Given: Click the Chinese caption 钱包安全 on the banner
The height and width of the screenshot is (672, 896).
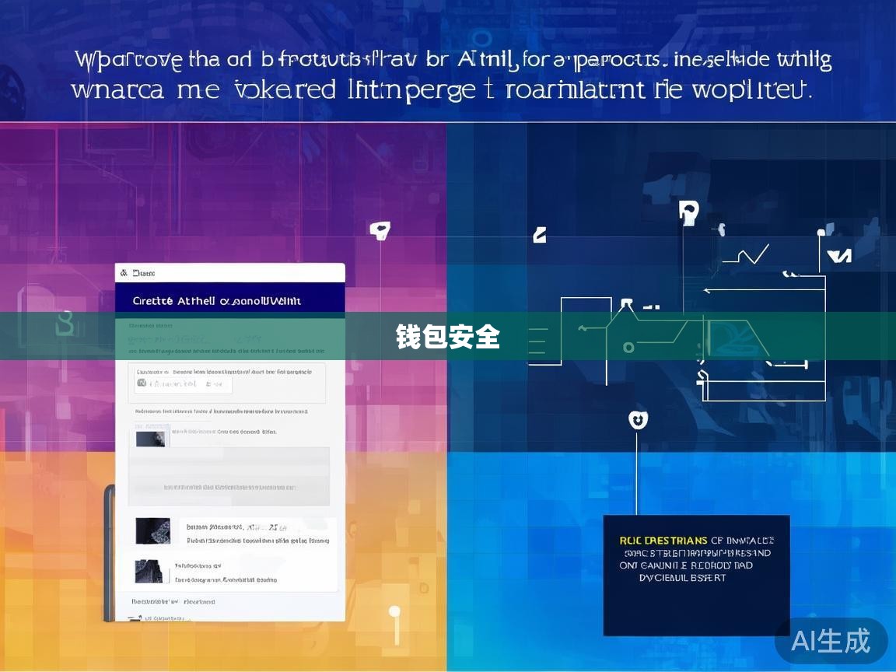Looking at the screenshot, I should click(x=447, y=337).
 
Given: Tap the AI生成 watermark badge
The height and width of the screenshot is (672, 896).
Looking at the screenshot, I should click(x=831, y=641).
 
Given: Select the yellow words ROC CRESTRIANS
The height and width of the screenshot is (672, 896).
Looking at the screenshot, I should click(x=663, y=541).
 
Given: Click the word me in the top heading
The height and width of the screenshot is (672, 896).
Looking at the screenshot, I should click(x=198, y=90).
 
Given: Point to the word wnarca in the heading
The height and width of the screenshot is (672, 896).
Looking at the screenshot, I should click(x=117, y=90).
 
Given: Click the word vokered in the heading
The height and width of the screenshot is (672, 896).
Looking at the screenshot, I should click(x=285, y=89).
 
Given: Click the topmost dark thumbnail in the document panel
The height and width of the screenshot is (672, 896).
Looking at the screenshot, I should click(x=152, y=438).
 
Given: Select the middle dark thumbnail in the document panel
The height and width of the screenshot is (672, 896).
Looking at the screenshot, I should click(x=152, y=531).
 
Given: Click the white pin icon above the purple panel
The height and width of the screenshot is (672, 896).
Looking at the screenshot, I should click(x=379, y=229).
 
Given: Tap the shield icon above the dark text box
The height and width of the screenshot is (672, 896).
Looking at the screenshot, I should click(x=638, y=420).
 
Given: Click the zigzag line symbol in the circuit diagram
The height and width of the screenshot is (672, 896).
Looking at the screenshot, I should click(x=746, y=254).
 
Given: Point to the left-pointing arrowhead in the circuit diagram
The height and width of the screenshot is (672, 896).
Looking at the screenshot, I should click(x=707, y=291).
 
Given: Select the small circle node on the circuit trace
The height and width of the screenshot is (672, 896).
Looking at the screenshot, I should click(x=628, y=348).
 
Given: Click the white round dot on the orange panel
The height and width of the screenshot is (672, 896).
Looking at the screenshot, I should click(x=394, y=611).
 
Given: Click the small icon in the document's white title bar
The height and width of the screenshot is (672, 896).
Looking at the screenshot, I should click(x=122, y=273).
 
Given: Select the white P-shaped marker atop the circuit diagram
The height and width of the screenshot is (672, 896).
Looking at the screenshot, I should click(x=688, y=212).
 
